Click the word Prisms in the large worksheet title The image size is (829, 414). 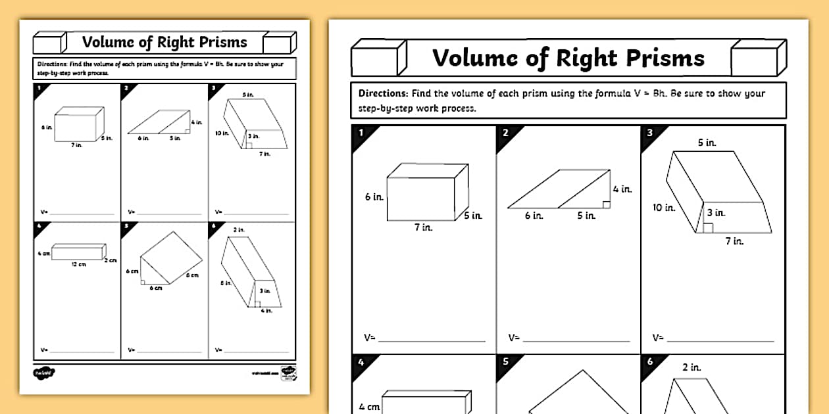(x=665, y=58)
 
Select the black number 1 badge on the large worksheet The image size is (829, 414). (x=361, y=133)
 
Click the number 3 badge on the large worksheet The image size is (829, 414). (x=650, y=133)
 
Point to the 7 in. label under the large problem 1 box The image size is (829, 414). (x=422, y=227)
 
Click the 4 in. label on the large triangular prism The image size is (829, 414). (x=622, y=189)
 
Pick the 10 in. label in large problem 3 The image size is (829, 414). (x=664, y=208)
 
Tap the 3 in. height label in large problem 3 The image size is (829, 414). (x=716, y=213)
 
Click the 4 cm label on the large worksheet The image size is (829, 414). (x=369, y=407)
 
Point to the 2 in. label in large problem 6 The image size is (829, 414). (x=691, y=367)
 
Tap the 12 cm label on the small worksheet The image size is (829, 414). (x=78, y=264)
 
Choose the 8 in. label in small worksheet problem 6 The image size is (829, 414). (x=225, y=283)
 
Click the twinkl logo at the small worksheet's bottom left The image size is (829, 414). (x=44, y=373)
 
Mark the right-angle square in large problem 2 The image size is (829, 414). (x=608, y=204)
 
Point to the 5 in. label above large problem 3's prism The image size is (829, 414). (x=707, y=143)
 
